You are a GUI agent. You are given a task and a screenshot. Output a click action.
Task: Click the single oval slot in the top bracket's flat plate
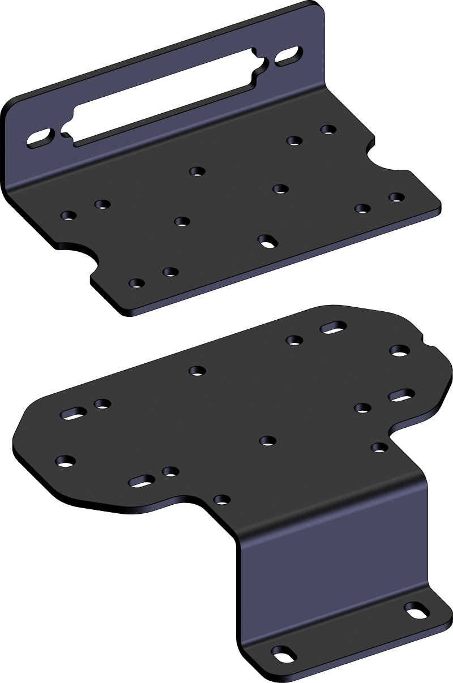(x=266, y=241)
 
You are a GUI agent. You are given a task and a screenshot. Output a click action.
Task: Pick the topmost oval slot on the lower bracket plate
(x=333, y=327)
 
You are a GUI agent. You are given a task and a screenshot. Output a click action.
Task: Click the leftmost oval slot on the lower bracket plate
(x=72, y=411)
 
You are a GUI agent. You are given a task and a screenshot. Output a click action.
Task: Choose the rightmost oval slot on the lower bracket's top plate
(x=400, y=394)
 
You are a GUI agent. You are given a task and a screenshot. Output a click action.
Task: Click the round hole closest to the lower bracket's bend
(x=221, y=499)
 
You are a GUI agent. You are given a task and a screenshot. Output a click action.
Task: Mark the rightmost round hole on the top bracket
(x=396, y=197)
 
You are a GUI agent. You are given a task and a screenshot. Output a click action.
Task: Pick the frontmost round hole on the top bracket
(x=136, y=283)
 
